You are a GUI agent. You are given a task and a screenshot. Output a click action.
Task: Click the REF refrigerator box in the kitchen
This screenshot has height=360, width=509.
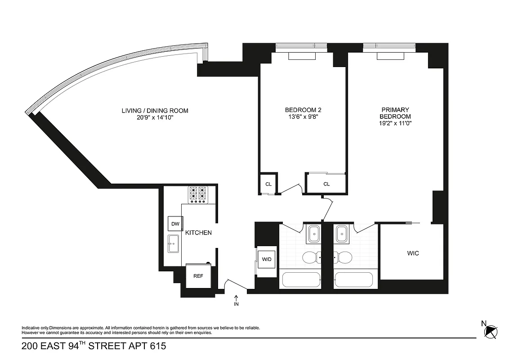[198, 276]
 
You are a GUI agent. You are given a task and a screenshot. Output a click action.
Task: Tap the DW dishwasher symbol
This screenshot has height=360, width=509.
[175, 224]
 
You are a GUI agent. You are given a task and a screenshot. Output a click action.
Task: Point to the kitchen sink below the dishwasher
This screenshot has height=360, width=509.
[174, 244]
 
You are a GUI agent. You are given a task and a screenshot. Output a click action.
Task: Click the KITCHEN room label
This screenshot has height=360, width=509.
[198, 233]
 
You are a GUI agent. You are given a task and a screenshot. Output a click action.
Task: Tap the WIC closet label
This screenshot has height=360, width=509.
[413, 253]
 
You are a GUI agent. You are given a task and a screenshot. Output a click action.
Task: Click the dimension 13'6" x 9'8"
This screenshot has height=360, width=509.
[303, 117]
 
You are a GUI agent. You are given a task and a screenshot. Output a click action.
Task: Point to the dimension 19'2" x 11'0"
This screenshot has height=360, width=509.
[395, 122]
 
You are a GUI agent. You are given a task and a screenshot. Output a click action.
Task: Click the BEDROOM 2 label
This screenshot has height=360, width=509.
[303, 110]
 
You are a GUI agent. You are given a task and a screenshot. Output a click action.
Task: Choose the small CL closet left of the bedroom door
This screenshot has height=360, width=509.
[268, 184]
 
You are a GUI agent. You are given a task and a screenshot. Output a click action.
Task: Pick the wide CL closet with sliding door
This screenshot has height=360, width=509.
[326, 184]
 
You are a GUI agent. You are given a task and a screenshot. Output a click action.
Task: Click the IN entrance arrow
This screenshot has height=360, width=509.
[236, 300]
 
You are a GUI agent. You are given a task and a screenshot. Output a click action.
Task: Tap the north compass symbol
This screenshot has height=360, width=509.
[491, 332]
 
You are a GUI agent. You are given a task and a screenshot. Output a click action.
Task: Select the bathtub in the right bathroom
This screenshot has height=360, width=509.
[354, 280]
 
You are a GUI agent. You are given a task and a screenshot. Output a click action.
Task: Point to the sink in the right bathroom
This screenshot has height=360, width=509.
[343, 233]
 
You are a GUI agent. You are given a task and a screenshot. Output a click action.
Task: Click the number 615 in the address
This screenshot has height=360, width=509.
[157, 346]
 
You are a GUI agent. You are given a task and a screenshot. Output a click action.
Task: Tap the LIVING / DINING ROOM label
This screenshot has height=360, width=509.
[155, 111]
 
